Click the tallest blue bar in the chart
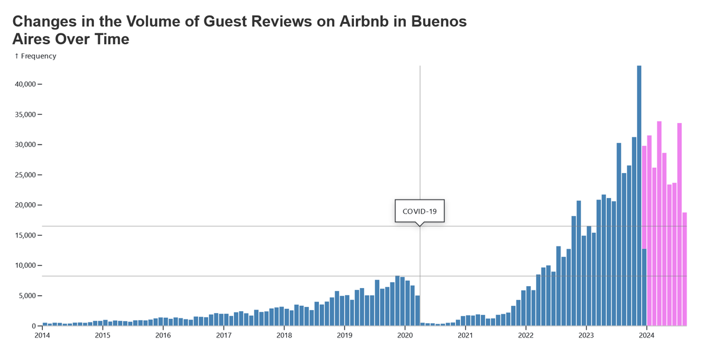pos(639,196)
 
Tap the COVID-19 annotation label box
pos(419,211)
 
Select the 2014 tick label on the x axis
pos(42,335)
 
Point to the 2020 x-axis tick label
pos(405,335)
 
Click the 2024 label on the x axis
pos(647,335)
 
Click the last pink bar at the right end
pos(684,270)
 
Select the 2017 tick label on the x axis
pos(224,335)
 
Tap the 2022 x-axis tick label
pos(526,335)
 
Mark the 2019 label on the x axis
pos(345,335)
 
